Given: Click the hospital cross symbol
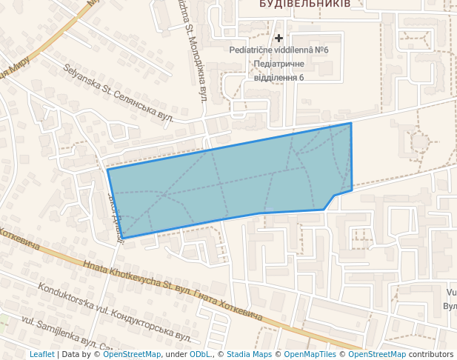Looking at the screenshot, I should (x=278, y=38).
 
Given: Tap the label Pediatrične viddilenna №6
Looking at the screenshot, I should (x=278, y=50).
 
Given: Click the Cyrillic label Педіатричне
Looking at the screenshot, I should (x=278, y=64).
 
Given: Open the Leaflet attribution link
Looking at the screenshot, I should (x=41, y=354).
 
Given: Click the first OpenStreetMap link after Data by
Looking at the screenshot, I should (x=132, y=354).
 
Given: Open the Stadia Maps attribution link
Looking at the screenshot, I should (x=249, y=354).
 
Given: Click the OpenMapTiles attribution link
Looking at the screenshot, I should (x=310, y=354).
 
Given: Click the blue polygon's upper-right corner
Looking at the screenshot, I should (x=351, y=124).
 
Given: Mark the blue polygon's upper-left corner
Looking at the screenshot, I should (x=108, y=170).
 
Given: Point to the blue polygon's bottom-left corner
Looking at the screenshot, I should (x=123, y=238).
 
